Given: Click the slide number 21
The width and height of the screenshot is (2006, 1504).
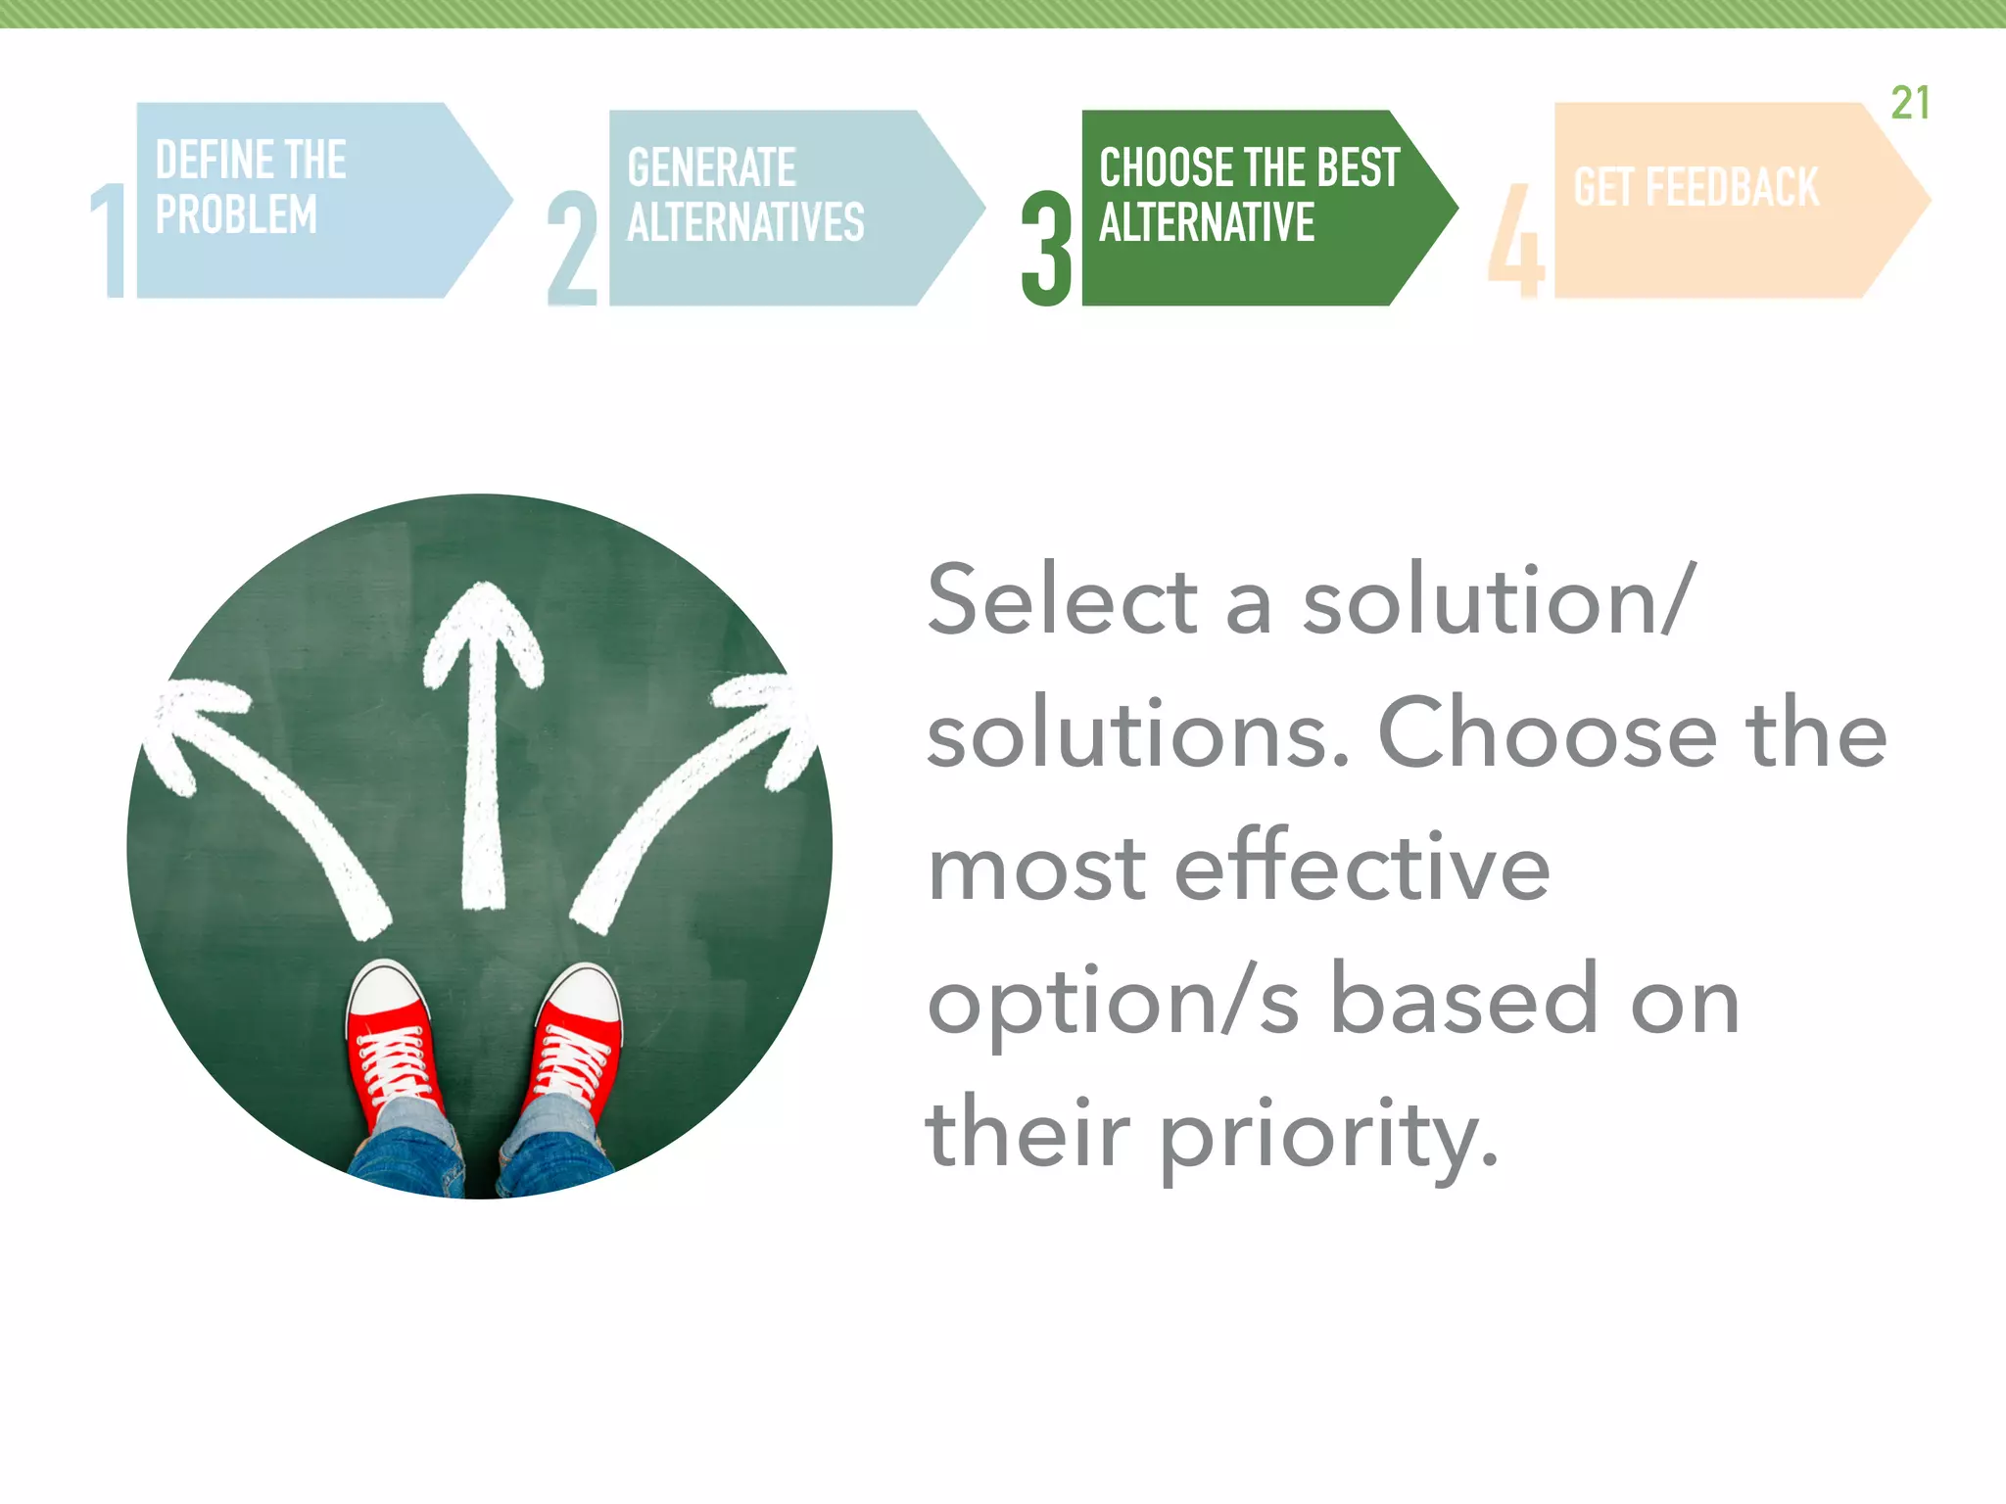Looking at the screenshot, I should point(1910,103).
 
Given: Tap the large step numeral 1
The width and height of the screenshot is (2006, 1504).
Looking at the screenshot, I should point(110,241).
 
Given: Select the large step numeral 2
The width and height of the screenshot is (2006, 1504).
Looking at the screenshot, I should point(572,249).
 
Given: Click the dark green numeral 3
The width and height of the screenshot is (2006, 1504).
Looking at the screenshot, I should point(1046,249).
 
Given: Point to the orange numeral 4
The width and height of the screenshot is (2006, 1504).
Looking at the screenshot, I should point(1515,241).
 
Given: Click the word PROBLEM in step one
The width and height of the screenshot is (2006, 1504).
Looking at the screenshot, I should point(236,214).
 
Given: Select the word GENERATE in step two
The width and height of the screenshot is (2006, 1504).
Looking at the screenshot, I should point(711,167).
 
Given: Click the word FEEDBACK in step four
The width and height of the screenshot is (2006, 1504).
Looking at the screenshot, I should point(1732,187).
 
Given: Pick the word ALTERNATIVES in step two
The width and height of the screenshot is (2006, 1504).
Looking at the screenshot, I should point(745,222).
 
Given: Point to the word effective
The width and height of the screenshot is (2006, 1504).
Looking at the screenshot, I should point(1361,866).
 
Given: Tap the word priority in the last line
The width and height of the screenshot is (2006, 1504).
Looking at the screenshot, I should point(1329,1136).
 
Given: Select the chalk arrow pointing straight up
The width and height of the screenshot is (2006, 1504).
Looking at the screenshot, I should point(483,744).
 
